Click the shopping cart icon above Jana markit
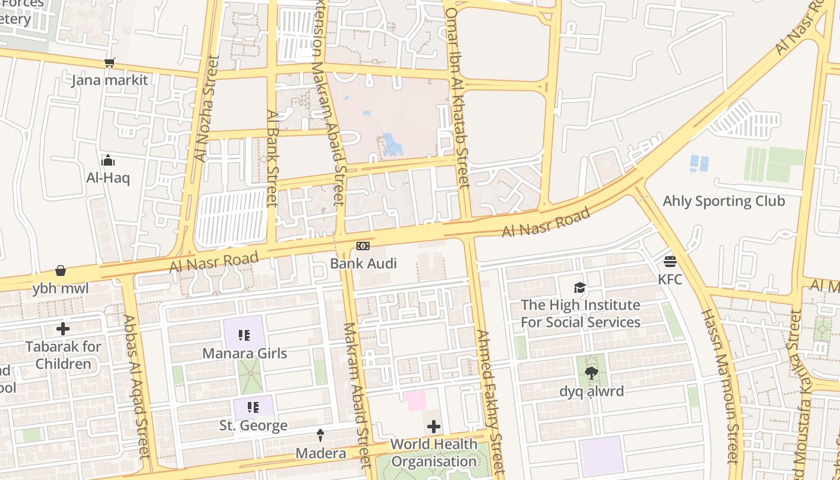(x=109, y=62)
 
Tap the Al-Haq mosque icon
(x=108, y=160)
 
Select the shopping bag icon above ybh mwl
(x=61, y=271)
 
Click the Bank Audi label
(x=363, y=263)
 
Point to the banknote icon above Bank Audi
(x=363, y=246)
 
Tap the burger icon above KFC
(x=670, y=262)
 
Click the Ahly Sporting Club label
(x=723, y=201)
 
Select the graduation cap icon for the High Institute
(x=580, y=287)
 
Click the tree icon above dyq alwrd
(x=592, y=373)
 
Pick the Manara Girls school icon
(x=244, y=335)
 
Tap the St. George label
(x=253, y=425)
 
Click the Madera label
(x=320, y=453)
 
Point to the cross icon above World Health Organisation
(x=433, y=427)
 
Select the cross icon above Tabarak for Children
(x=62, y=329)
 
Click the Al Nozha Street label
(x=205, y=109)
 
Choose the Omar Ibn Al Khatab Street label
(x=457, y=97)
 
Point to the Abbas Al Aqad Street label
(x=136, y=386)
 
